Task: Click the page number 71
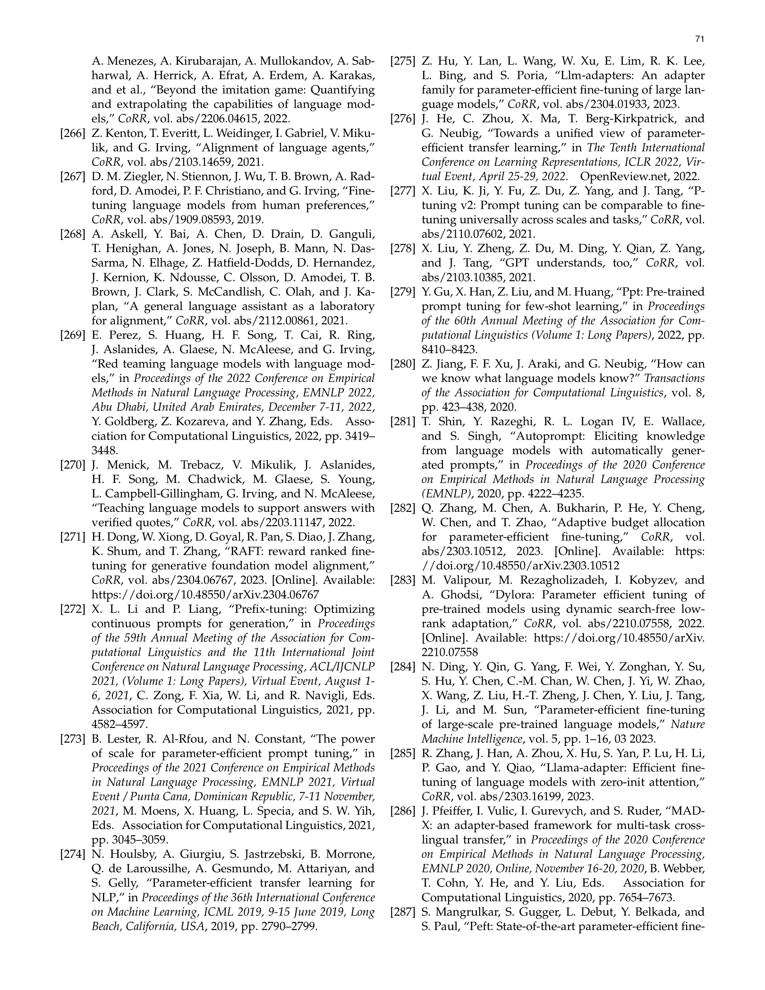click(x=700, y=40)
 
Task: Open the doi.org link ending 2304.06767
click(x=205, y=595)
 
